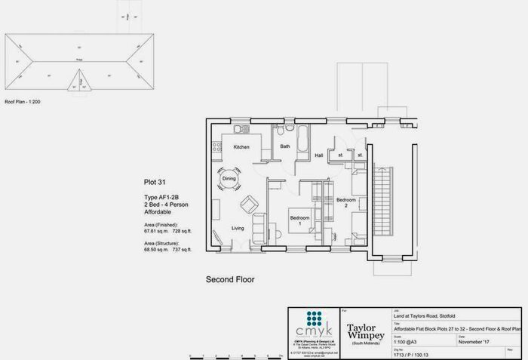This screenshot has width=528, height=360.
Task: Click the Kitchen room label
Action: pos(241,146)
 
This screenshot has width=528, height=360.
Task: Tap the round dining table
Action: pos(229,179)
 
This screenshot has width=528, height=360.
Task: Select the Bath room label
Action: pos(285,146)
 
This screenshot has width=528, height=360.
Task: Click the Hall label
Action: pos(319,154)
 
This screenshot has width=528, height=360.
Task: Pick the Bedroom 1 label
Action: pos(300,220)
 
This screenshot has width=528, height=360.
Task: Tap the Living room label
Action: pos(238,228)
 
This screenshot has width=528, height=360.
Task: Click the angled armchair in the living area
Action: pos(248,204)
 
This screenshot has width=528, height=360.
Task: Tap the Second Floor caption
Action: pos(230,279)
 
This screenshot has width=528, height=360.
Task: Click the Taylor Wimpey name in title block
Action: pos(365,331)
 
